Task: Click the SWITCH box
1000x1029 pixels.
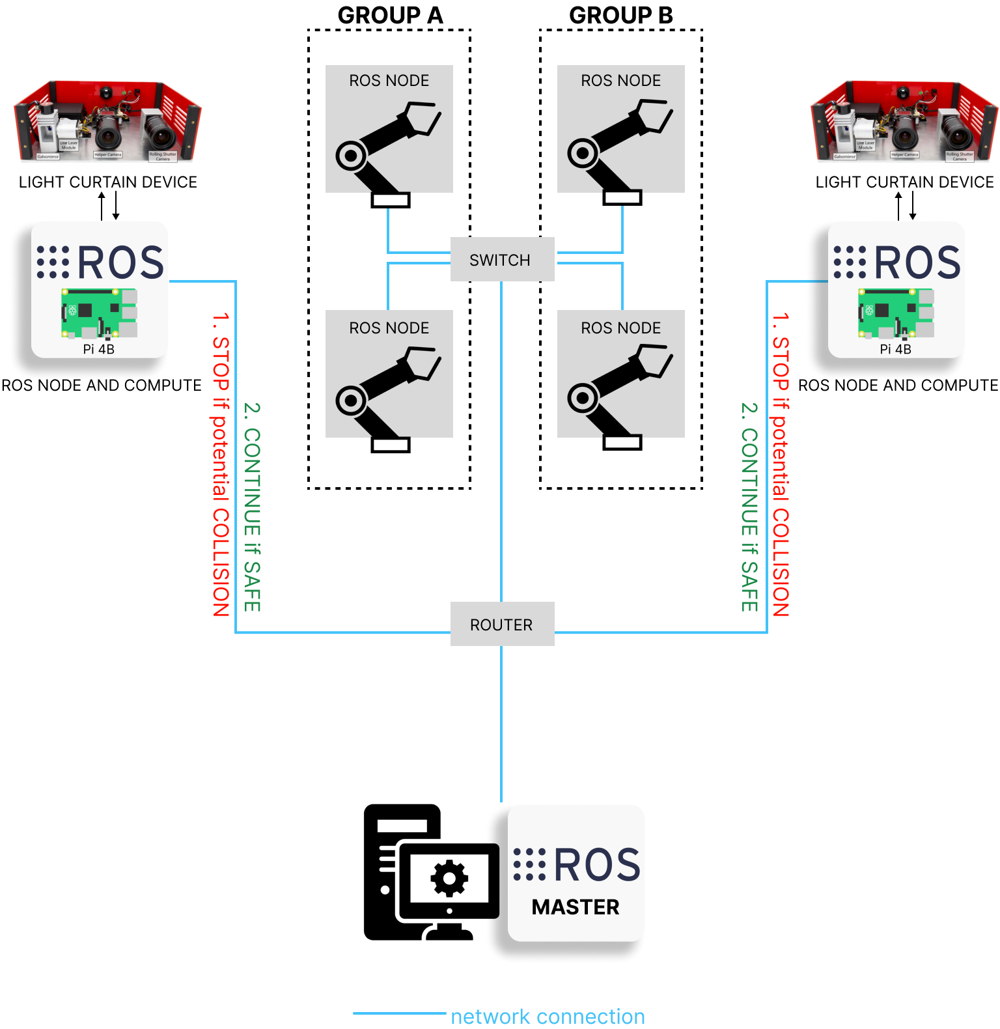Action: pos(502,259)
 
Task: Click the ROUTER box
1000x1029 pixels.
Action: pos(502,624)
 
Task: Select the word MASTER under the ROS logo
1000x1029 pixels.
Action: pos(576,907)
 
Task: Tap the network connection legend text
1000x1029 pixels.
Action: pos(548,1016)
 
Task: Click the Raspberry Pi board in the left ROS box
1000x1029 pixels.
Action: pos(99,313)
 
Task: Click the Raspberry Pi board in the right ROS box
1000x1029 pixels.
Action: pos(895,313)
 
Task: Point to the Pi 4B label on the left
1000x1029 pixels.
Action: pos(99,349)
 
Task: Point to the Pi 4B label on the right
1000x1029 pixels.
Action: pos(895,349)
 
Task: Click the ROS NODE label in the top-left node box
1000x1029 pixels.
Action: pos(389,80)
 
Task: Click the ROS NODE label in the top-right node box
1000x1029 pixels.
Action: pos(620,80)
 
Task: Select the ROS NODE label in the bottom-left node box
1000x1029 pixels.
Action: pos(389,328)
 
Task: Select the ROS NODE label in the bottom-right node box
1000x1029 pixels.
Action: pos(620,328)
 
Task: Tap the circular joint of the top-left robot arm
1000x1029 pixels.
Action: pos(351,156)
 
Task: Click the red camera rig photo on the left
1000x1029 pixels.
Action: pos(108,121)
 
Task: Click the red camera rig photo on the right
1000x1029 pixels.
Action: pos(904,121)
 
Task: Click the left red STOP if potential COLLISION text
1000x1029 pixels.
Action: pos(221,464)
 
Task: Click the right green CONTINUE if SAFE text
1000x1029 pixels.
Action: pos(750,507)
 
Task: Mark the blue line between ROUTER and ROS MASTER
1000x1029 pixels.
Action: pos(501,723)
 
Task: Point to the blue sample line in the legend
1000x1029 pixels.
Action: pos(399,1013)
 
